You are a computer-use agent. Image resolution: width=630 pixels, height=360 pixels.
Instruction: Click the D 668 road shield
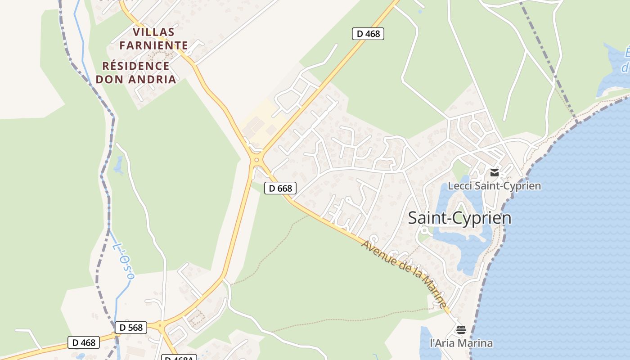pos(280,188)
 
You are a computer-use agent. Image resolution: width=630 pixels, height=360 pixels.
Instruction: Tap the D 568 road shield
pos(130,328)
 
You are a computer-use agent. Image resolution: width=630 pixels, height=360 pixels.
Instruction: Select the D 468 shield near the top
pos(368,33)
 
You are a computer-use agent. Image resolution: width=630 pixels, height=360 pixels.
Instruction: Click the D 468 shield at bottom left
pos(84,342)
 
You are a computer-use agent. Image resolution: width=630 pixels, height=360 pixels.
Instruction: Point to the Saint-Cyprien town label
pos(459,218)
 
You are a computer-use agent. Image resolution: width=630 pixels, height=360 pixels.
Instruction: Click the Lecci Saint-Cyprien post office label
pos(494,185)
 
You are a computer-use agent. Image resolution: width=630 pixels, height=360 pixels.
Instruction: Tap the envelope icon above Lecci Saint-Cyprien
pos(495,173)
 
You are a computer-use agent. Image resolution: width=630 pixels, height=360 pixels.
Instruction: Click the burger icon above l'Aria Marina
pos(461,330)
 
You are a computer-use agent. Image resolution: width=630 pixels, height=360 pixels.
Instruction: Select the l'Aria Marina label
pos(461,343)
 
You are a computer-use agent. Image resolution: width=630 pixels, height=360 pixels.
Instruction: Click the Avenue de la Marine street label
pos(404,274)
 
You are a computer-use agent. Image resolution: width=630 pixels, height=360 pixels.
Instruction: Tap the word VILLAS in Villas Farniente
pos(153,32)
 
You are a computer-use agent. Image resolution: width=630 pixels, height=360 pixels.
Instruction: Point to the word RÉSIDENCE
pos(136,66)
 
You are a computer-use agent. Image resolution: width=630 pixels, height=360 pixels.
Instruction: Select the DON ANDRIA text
pos(136,80)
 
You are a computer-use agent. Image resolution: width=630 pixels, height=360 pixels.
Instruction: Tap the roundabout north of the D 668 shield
pos(256,159)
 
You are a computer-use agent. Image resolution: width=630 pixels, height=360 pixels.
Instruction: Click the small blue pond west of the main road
pos(118,165)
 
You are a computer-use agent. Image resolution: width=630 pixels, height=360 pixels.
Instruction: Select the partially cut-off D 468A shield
pos(179,358)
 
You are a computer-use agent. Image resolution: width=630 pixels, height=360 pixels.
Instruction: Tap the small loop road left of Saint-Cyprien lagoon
pos(423,231)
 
